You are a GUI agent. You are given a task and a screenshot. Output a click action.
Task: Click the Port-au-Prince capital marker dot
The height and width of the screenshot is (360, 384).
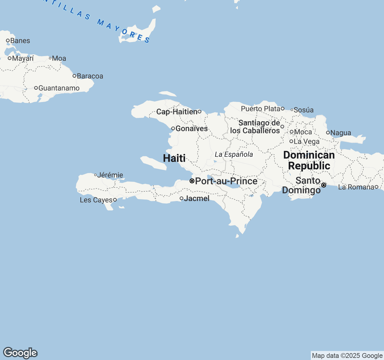click(x=192, y=181)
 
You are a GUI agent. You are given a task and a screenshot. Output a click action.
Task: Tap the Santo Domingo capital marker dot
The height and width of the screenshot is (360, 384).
click(x=324, y=185)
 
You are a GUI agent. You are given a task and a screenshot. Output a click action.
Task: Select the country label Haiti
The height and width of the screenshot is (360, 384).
click(x=174, y=158)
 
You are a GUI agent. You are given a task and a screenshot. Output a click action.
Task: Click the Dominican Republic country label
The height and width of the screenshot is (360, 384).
click(x=309, y=160)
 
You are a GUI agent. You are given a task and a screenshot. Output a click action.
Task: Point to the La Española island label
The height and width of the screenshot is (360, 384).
click(x=234, y=154)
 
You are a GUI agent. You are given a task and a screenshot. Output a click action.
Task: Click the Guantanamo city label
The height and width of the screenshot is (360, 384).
click(x=59, y=88)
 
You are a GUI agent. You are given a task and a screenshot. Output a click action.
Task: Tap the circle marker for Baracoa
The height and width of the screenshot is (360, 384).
click(x=74, y=76)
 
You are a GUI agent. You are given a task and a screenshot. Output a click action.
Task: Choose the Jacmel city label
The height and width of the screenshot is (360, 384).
click(x=196, y=198)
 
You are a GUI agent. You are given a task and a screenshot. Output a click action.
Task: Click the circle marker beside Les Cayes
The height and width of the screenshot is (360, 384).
click(x=115, y=200)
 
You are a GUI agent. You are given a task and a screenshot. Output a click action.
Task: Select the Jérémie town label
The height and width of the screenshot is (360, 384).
click(x=110, y=175)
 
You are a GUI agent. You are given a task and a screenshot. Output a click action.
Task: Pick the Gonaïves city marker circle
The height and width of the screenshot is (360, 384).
click(x=173, y=128)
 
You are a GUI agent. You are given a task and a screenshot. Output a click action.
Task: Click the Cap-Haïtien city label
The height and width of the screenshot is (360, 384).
click(x=177, y=112)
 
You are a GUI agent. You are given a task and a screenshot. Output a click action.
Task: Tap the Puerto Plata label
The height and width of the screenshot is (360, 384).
click(x=260, y=109)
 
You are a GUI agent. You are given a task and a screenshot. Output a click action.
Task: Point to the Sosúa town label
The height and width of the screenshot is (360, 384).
click(x=304, y=110)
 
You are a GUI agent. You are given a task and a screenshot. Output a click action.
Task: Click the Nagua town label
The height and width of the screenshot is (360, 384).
click(x=340, y=133)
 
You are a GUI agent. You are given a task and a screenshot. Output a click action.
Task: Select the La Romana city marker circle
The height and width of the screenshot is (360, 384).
click(x=376, y=187)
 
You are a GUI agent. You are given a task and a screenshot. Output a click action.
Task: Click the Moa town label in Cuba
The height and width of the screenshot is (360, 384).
click(x=59, y=58)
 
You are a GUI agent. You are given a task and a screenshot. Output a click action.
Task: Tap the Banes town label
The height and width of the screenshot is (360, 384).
click(x=20, y=41)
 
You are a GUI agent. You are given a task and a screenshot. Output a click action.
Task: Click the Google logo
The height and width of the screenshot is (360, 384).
click(x=20, y=353)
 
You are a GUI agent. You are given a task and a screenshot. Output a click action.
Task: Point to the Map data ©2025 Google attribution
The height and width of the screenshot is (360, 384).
click(x=347, y=356)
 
